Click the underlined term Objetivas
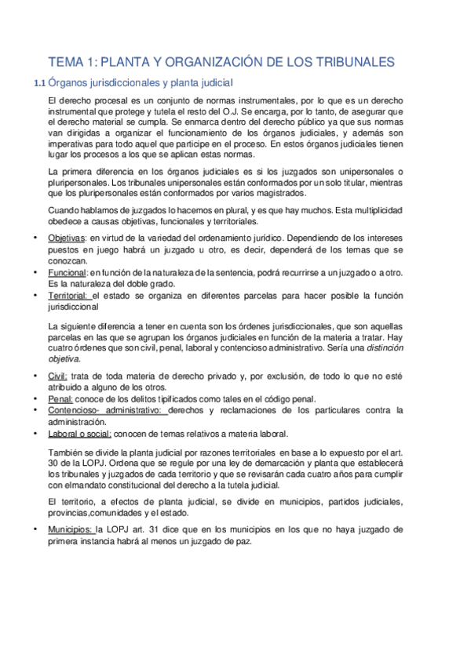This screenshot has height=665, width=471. coord(66,239)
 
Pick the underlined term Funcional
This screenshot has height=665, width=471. coord(68,271)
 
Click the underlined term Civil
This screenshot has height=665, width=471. coord(57,376)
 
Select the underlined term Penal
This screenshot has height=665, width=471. coord(60,399)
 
